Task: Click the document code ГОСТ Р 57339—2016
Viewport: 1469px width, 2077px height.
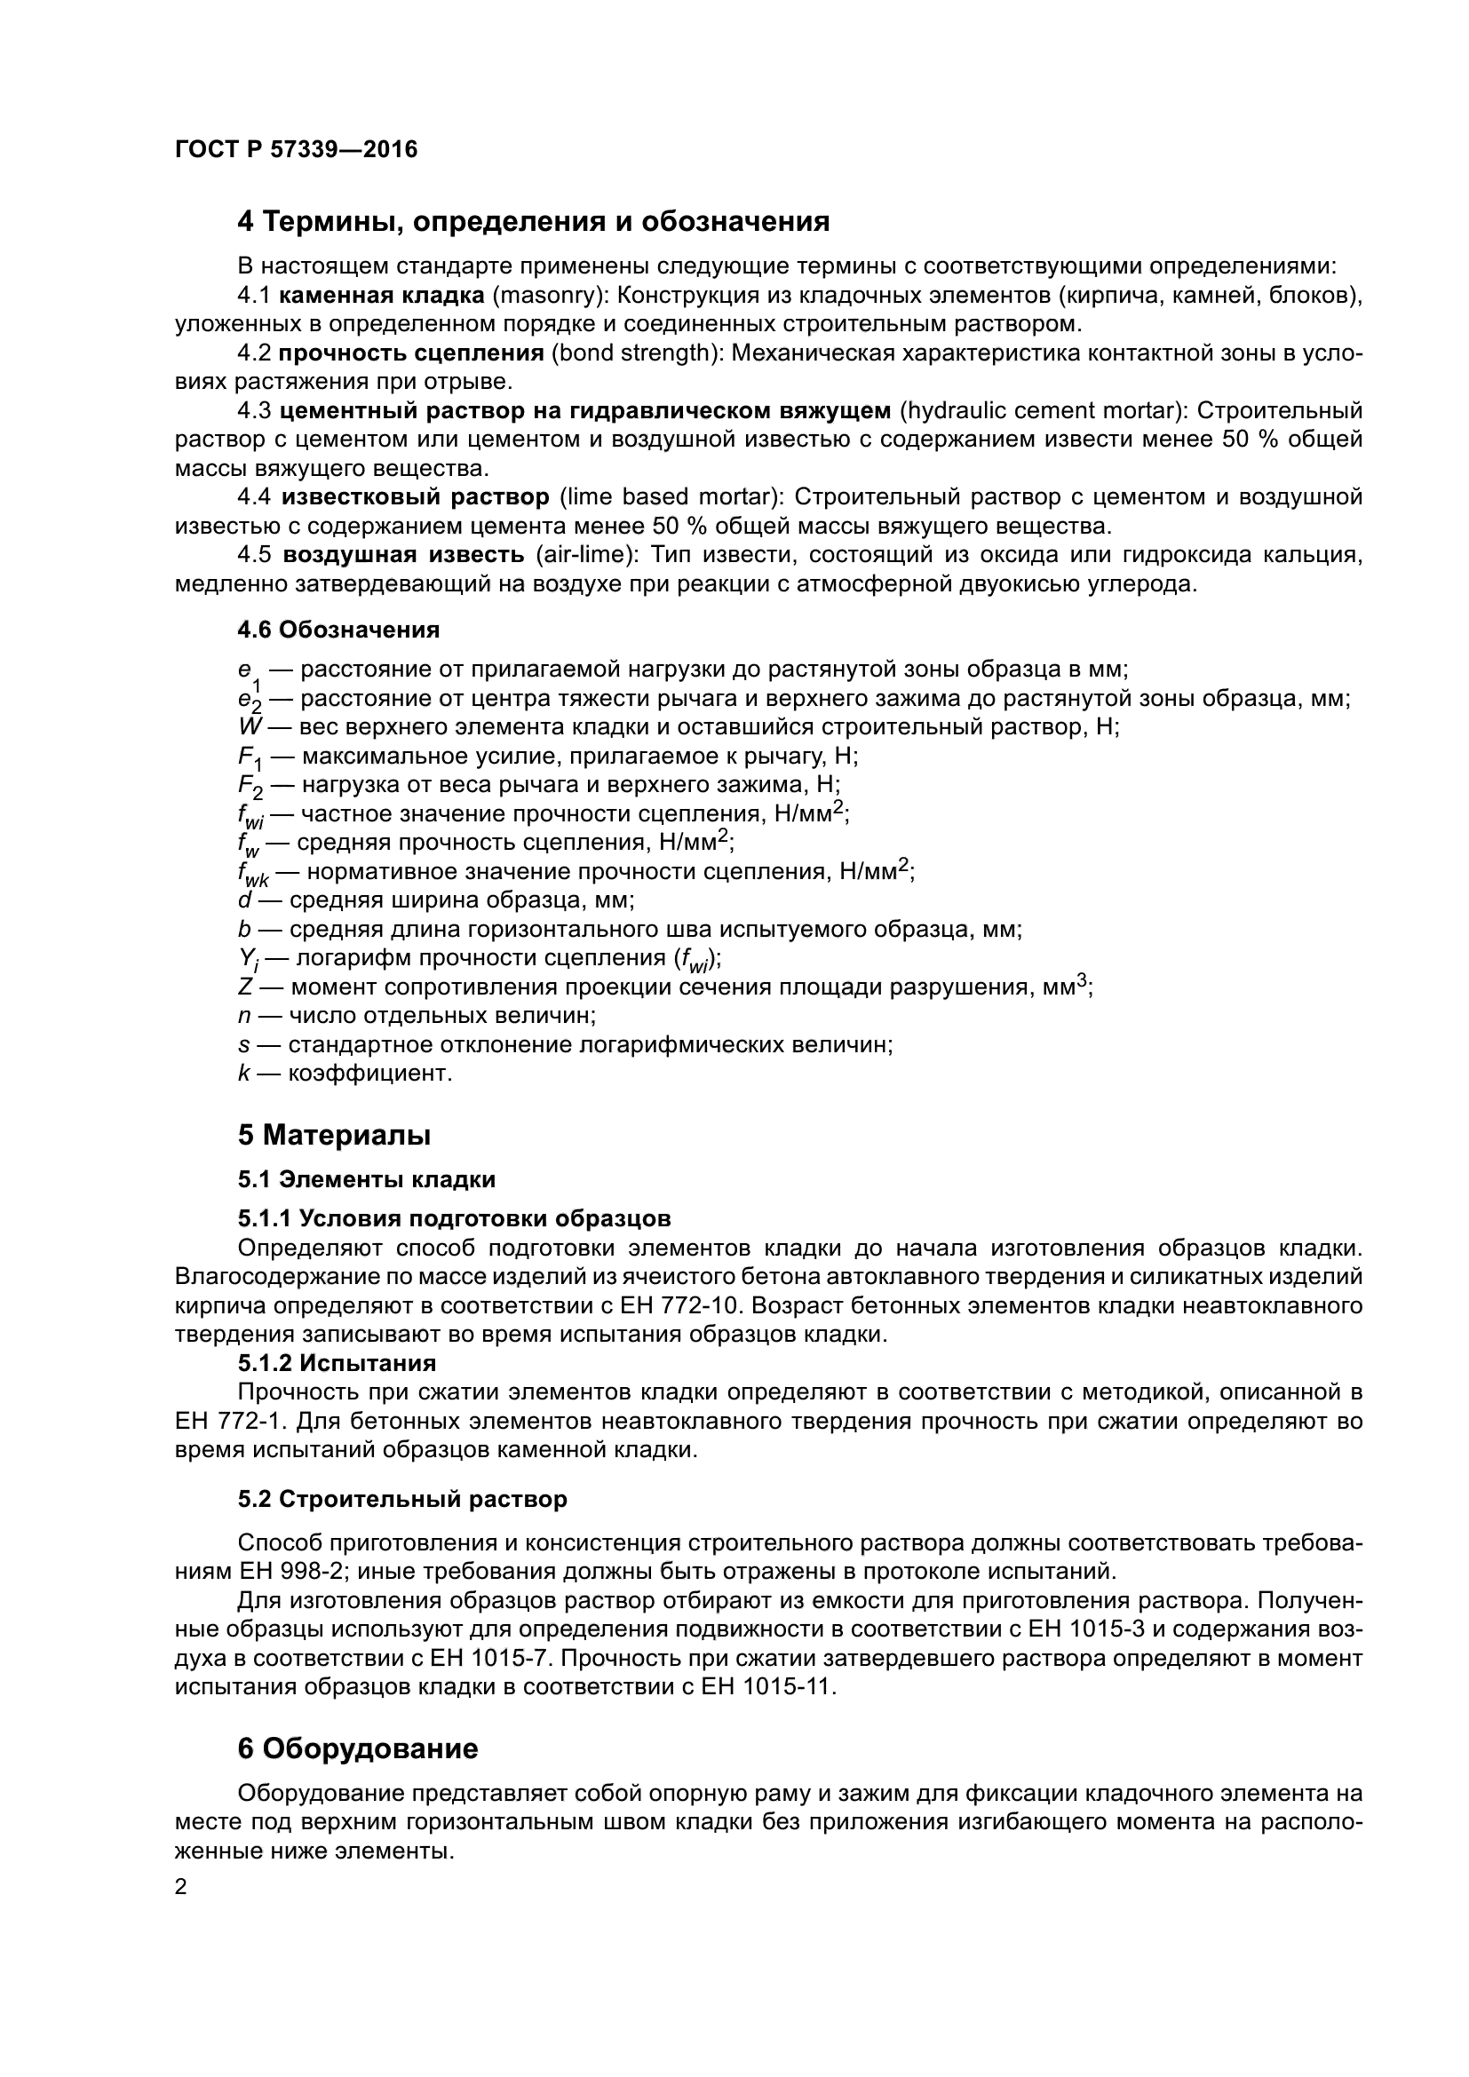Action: click(x=296, y=149)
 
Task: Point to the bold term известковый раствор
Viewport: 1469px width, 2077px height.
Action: click(x=415, y=496)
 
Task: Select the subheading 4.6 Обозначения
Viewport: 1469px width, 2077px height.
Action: click(x=338, y=630)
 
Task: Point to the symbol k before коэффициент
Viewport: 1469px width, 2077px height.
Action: click(x=243, y=1074)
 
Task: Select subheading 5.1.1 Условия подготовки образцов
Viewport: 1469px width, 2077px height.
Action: click(x=454, y=1218)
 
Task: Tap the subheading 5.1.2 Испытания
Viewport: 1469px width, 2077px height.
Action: click(x=337, y=1363)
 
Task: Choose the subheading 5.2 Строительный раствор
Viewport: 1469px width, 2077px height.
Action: click(x=402, y=1499)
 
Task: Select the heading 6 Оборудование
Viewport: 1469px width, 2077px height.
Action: click(x=357, y=1748)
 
